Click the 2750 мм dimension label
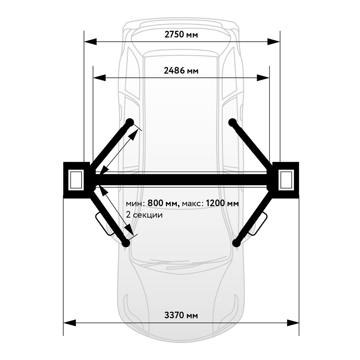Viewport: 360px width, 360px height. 181,35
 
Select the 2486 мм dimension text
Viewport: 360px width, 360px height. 181,71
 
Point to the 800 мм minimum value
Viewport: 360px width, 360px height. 163,203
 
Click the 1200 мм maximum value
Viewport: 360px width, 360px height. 222,203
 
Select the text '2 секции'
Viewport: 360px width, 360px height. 144,215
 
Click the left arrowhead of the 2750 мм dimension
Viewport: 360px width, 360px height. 90,42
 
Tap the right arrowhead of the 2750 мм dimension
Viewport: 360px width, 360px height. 274,42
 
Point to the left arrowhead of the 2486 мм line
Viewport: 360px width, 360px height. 99,78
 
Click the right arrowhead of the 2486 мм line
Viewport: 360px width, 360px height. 263,78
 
